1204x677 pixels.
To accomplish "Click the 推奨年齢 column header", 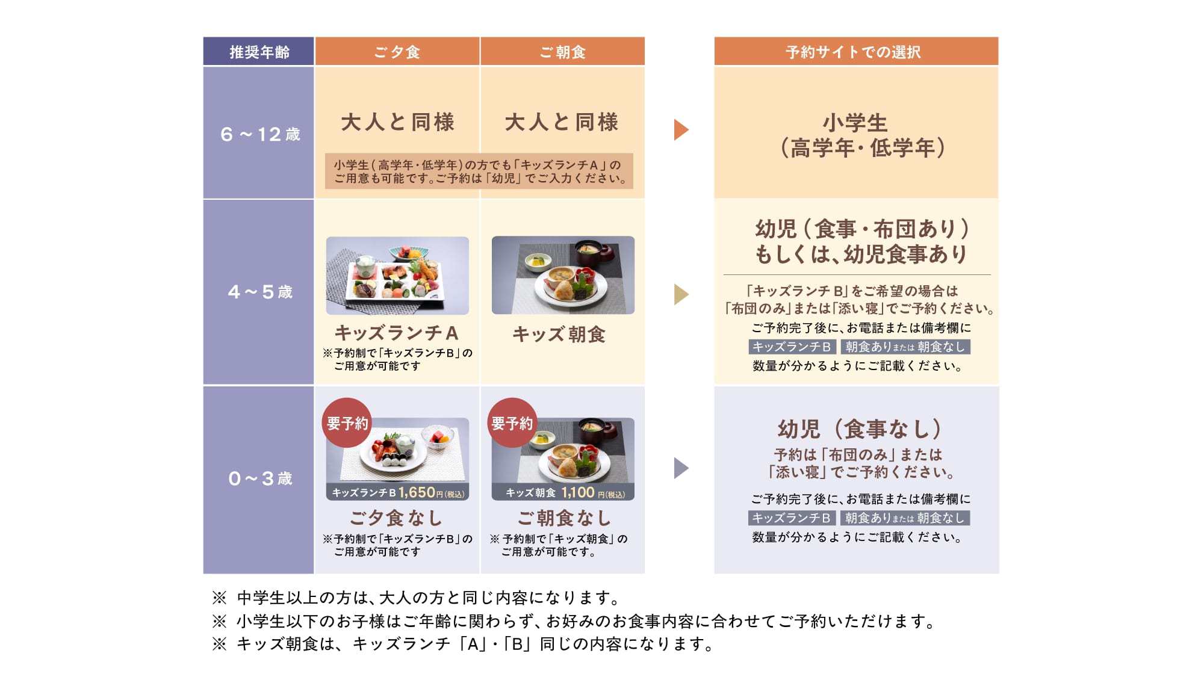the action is [259, 52].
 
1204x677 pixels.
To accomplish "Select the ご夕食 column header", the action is [397, 52].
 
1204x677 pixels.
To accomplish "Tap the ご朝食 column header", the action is [563, 52].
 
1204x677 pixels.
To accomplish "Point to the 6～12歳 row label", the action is [260, 134].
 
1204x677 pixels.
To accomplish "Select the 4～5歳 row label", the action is [260, 292].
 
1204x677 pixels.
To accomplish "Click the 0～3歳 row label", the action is [260, 478].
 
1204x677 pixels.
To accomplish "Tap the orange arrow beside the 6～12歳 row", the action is [681, 129].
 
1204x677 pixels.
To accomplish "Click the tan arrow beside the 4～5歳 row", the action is [681, 294].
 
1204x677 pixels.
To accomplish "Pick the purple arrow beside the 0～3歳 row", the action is [681, 468].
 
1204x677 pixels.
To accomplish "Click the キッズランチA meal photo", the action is [397, 276].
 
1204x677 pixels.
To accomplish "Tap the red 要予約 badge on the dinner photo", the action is [347, 423].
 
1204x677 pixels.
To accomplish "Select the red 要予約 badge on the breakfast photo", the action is [512, 423].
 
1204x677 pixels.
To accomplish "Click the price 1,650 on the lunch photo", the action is [417, 492].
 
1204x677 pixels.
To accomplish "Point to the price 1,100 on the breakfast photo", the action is [578, 492].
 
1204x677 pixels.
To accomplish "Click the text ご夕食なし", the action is [396, 518].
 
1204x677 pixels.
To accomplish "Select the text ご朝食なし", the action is [563, 518].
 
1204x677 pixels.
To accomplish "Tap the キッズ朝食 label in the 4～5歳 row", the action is [559, 334].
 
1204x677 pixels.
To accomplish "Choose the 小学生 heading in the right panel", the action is [855, 123].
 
